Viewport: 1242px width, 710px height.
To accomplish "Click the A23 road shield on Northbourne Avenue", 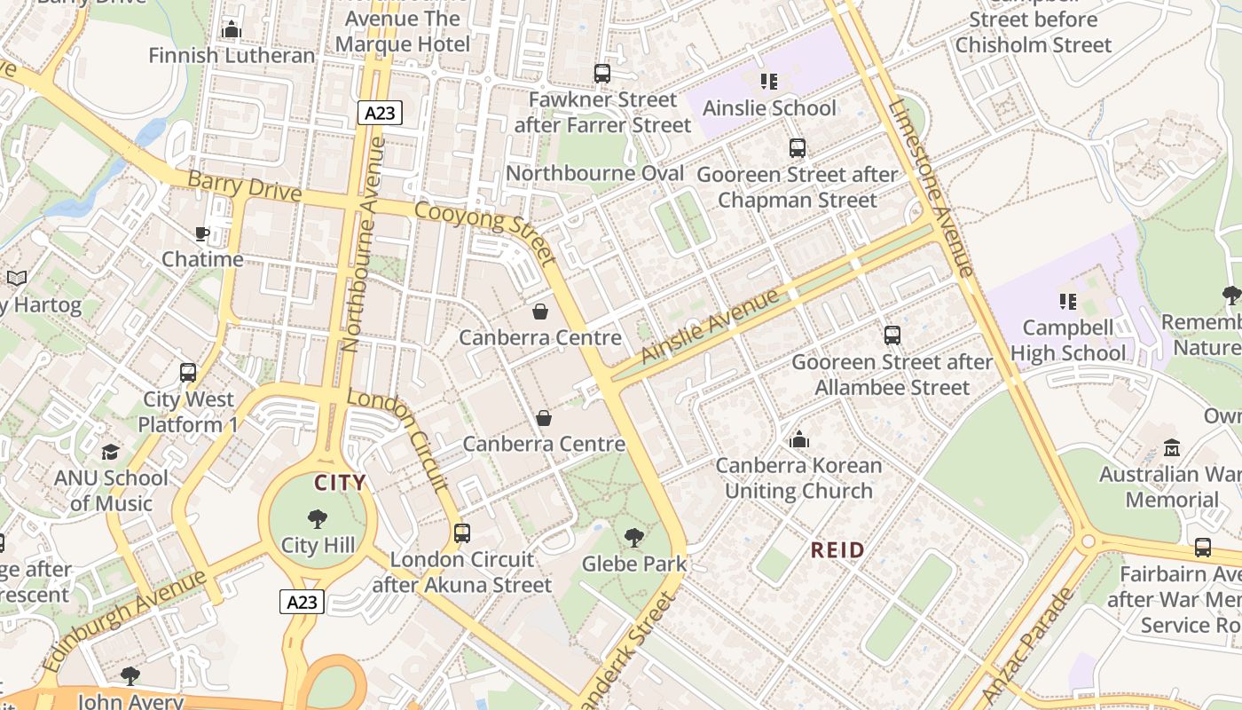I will [x=381, y=113].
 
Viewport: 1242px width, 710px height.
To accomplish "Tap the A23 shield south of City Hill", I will [x=302, y=602].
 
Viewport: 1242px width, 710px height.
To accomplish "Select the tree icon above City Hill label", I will [x=317, y=519].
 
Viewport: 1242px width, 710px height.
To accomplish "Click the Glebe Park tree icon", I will [x=633, y=537].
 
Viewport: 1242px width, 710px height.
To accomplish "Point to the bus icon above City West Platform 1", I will [x=188, y=373].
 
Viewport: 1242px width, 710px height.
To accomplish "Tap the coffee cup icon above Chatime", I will [x=202, y=233].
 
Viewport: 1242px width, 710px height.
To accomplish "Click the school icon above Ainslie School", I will [x=769, y=82].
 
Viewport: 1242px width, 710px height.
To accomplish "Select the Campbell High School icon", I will [x=1068, y=302].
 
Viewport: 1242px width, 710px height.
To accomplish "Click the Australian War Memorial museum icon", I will [x=1171, y=447].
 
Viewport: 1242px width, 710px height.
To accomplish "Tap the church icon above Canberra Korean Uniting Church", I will [x=799, y=439].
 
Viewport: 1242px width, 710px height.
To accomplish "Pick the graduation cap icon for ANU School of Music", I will [x=110, y=453].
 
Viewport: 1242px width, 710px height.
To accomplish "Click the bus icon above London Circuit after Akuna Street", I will [x=461, y=533].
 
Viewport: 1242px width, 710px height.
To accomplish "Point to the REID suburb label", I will [x=837, y=550].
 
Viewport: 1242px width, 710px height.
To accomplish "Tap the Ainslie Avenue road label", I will [x=709, y=325].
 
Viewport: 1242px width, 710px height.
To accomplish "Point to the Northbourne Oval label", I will [x=594, y=173].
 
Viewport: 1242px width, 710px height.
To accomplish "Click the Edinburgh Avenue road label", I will [x=124, y=621].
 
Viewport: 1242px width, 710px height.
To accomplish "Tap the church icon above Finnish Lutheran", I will [x=232, y=30].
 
